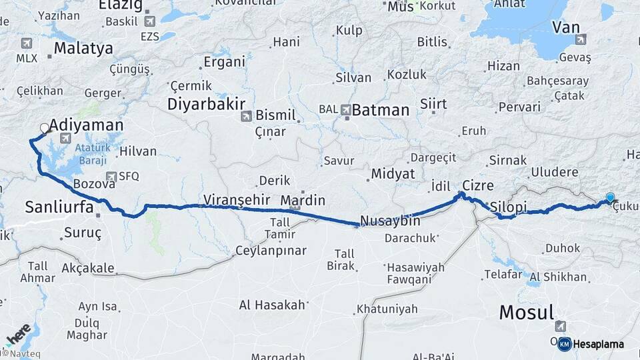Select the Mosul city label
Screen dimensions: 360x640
526,311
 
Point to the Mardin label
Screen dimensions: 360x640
303,200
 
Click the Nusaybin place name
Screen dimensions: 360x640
390,221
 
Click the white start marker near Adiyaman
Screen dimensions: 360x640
45,128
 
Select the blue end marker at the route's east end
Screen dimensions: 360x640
610,197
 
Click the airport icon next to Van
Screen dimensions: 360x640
580,40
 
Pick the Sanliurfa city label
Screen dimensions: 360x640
59,206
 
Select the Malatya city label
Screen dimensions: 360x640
83,48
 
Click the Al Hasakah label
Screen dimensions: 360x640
272,305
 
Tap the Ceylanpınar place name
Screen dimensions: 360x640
271,251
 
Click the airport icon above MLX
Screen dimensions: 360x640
27,44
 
